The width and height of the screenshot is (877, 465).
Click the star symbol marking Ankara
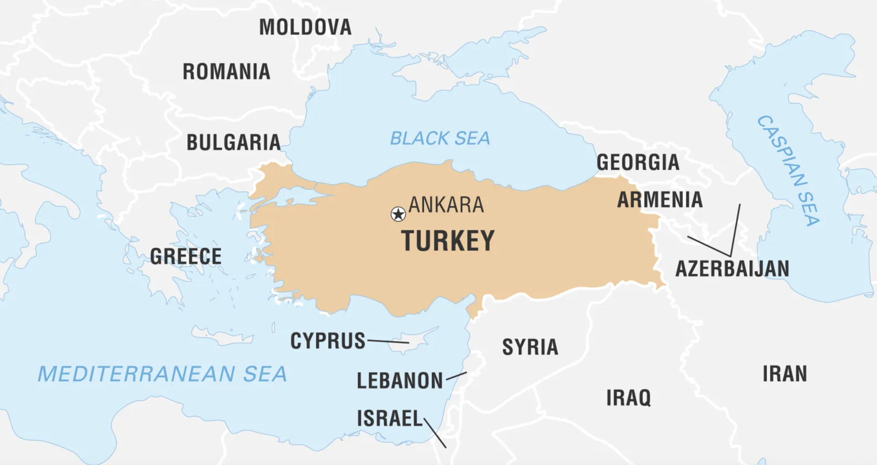coord(398,214)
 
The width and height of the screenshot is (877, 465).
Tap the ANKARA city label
coord(446,205)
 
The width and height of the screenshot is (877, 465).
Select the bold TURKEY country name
coord(448,241)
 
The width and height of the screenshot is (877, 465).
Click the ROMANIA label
coord(226,72)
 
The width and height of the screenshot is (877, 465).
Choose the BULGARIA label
coord(233,142)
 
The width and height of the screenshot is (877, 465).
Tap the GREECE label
coord(186,256)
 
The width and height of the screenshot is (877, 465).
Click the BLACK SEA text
coord(440,138)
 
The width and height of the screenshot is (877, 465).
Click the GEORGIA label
coord(638,162)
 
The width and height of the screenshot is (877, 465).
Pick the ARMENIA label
coord(660,199)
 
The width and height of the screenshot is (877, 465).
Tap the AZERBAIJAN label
coord(732,269)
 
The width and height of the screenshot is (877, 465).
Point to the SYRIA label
coord(530,347)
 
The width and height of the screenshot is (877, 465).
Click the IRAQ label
coord(629,397)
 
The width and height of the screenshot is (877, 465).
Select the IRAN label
coord(785,374)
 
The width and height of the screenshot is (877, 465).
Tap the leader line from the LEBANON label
coord(456,376)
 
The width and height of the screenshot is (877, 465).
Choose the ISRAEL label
coord(390,418)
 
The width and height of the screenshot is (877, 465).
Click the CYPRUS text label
coord(327,341)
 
